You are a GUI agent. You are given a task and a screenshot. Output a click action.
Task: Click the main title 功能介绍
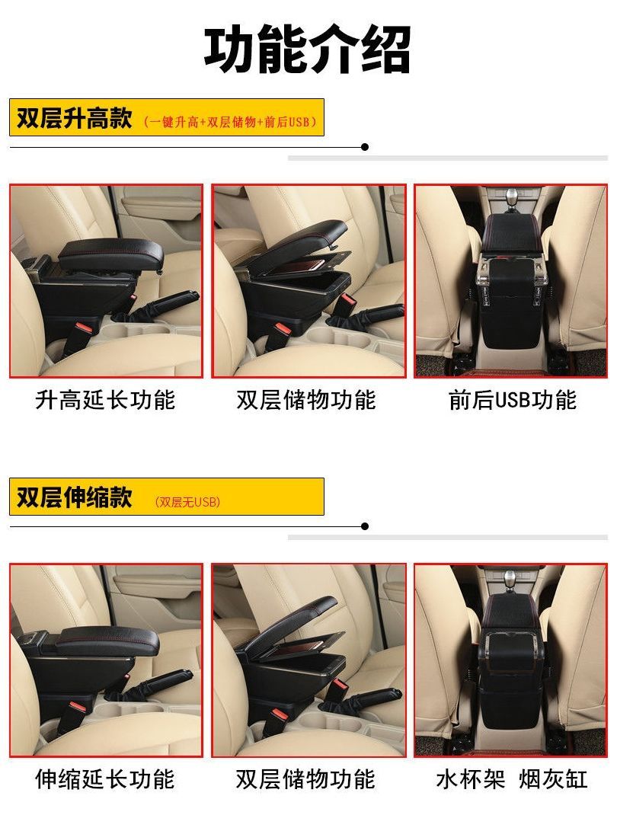click(x=307, y=50)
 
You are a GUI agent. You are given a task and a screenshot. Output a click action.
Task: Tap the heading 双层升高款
click(x=75, y=118)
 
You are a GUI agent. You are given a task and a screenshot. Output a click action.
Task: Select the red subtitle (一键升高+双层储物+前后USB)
click(x=229, y=122)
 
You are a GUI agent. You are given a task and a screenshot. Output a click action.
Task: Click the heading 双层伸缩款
click(x=75, y=497)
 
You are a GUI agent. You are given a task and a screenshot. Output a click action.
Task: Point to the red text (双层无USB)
click(x=187, y=502)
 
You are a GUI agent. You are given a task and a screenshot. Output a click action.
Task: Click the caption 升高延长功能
click(x=105, y=400)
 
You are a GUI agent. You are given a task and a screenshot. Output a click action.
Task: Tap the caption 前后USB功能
click(x=513, y=400)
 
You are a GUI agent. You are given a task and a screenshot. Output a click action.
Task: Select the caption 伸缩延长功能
click(x=105, y=779)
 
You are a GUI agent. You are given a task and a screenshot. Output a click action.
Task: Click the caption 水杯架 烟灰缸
click(x=512, y=779)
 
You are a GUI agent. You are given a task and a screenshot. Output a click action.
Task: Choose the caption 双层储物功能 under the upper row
click(x=306, y=400)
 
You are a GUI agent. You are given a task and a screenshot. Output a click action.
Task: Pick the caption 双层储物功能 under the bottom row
click(x=305, y=779)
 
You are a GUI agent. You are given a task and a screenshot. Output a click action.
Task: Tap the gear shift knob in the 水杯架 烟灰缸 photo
click(x=511, y=577)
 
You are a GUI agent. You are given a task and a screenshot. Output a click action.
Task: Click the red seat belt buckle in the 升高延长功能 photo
click(x=85, y=329)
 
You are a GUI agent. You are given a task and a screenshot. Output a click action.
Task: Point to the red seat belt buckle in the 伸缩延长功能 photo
click(x=78, y=708)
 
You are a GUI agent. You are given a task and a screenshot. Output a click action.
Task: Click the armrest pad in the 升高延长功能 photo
click(x=111, y=253)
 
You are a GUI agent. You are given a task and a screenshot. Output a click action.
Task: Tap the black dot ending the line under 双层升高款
click(x=365, y=147)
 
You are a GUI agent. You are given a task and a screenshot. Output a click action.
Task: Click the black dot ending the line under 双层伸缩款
click(x=365, y=526)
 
